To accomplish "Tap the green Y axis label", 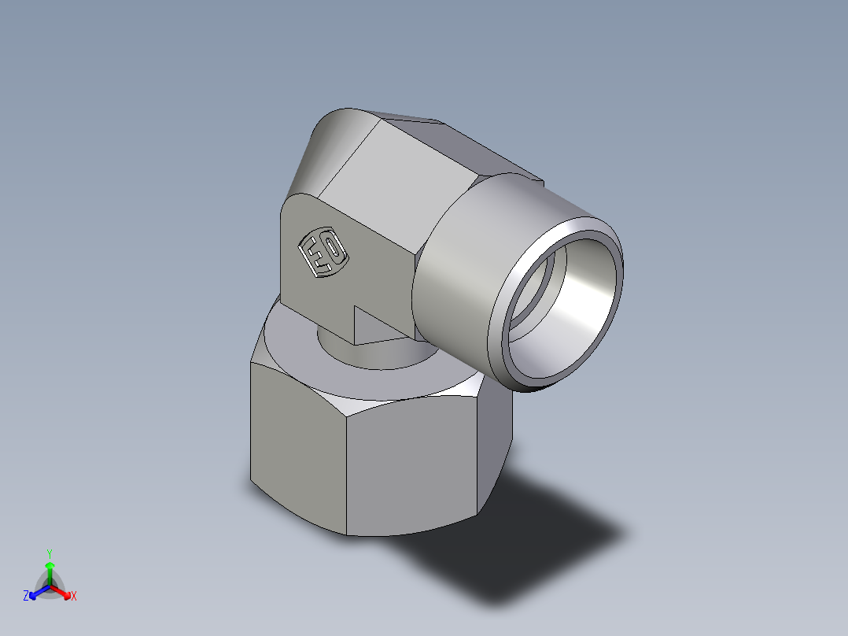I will pos(49,553).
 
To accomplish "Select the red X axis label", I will pos(73,597).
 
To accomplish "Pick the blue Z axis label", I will pos(26,597).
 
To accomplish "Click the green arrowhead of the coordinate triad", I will pos(49,565).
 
